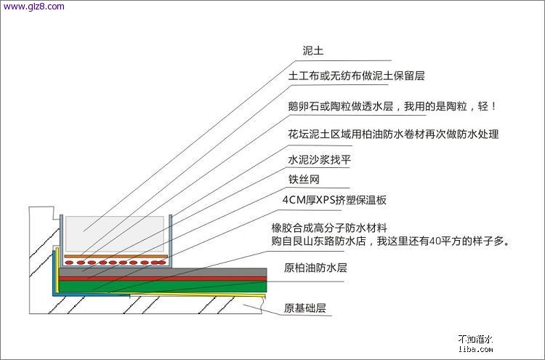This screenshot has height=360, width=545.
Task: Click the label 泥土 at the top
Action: coord(313,52)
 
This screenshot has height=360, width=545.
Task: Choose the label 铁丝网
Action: coord(303,179)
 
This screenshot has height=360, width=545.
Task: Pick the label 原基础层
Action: coord(305,308)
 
